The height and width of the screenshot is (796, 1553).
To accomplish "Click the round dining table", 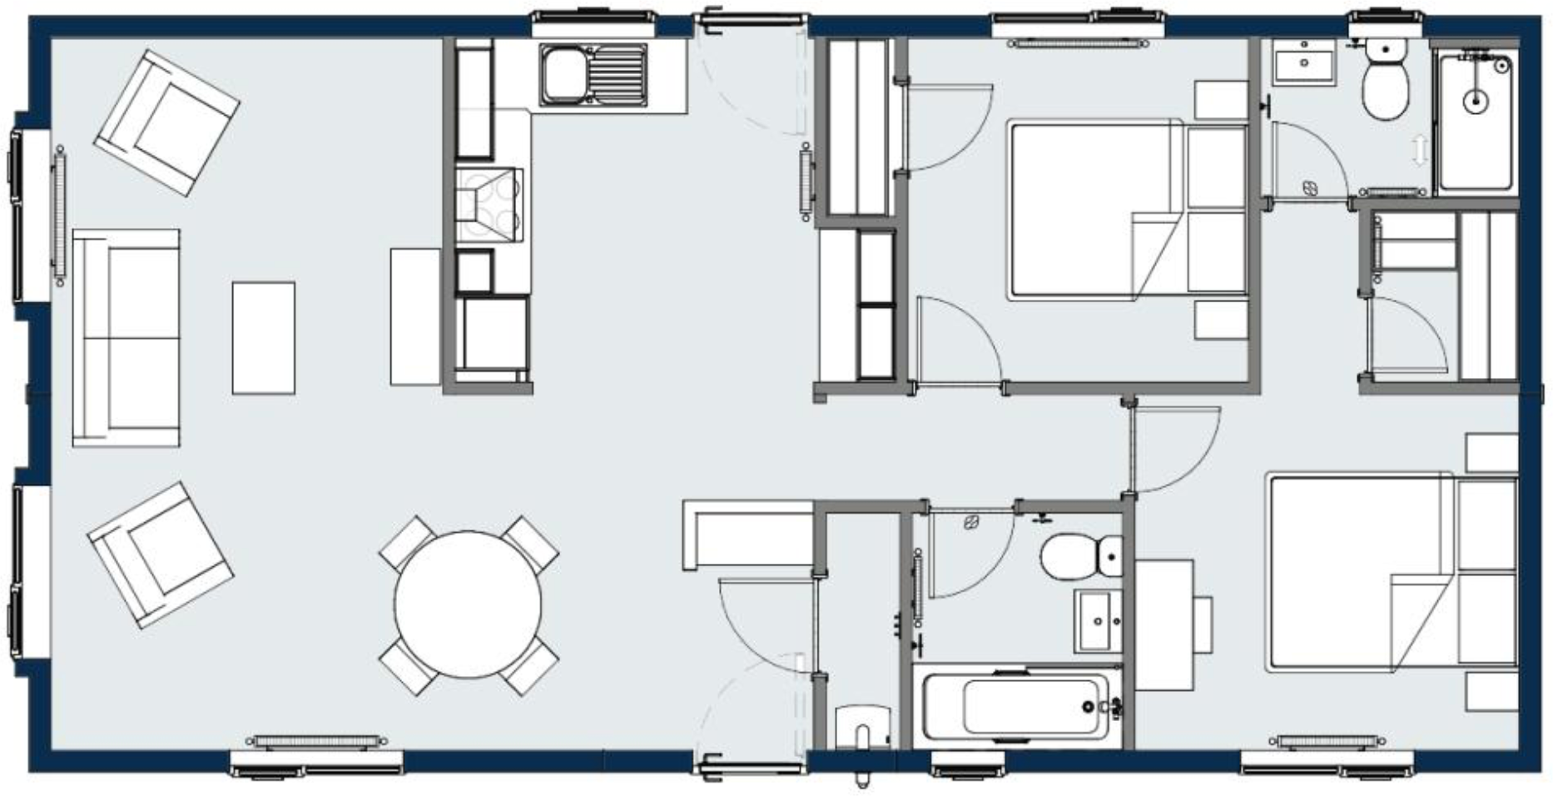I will click(469, 604).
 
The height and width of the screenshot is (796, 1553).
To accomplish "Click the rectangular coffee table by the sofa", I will click(263, 337).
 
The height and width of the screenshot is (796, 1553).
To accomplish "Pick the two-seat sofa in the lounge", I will click(127, 337).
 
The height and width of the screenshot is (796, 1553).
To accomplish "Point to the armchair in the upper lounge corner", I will click(166, 122).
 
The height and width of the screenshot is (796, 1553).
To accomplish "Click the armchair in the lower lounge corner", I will click(160, 554).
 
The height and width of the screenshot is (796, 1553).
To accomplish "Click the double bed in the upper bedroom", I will click(1128, 210).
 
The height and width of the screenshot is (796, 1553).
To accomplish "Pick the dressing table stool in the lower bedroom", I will click(1203, 624).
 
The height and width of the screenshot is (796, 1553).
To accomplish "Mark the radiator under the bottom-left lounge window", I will click(317, 740).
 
